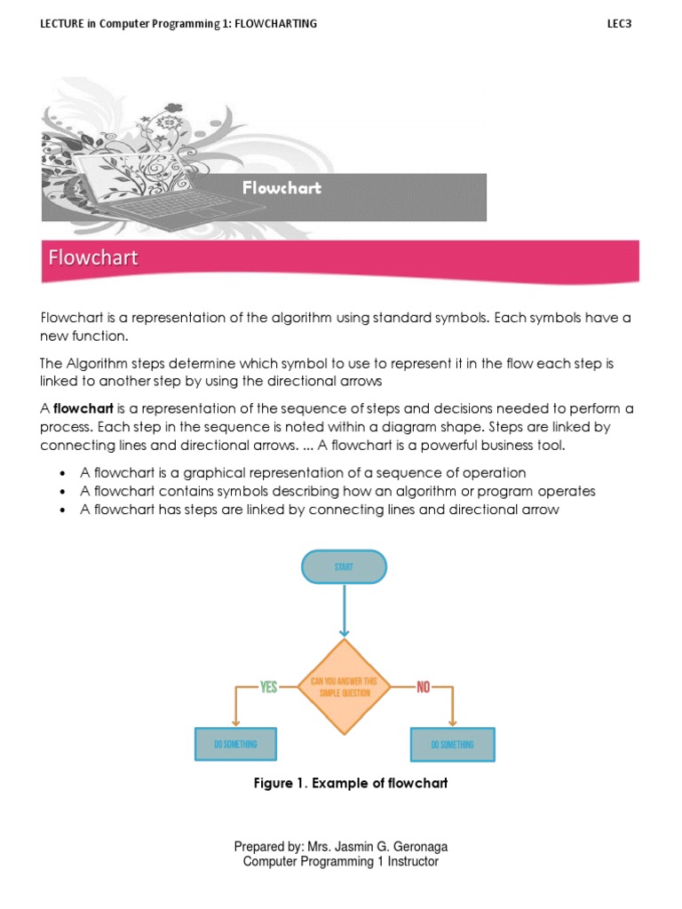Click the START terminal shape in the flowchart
[x=344, y=566]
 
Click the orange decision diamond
[x=344, y=687]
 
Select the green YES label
[x=268, y=687]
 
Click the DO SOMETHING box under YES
[x=235, y=744]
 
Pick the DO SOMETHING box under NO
[x=452, y=744]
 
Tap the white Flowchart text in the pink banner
[x=93, y=258]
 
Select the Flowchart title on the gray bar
[x=282, y=187]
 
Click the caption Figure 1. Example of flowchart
[x=351, y=783]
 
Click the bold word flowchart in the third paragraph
[x=83, y=408]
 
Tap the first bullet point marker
[x=64, y=473]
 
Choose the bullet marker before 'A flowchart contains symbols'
[x=64, y=492]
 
